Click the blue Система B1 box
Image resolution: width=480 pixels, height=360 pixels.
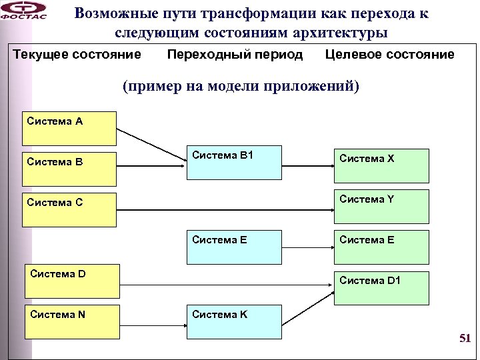coord(233,163)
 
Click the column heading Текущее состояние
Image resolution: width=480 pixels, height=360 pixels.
coord(77,55)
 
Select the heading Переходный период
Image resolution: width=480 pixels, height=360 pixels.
coord(234,55)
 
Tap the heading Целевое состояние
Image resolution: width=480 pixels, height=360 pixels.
coord(390,55)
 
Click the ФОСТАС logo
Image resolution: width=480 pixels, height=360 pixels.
coord(25,11)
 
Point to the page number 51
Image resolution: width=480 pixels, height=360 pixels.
coord(465,339)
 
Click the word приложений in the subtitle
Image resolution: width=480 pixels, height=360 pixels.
coord(311,87)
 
